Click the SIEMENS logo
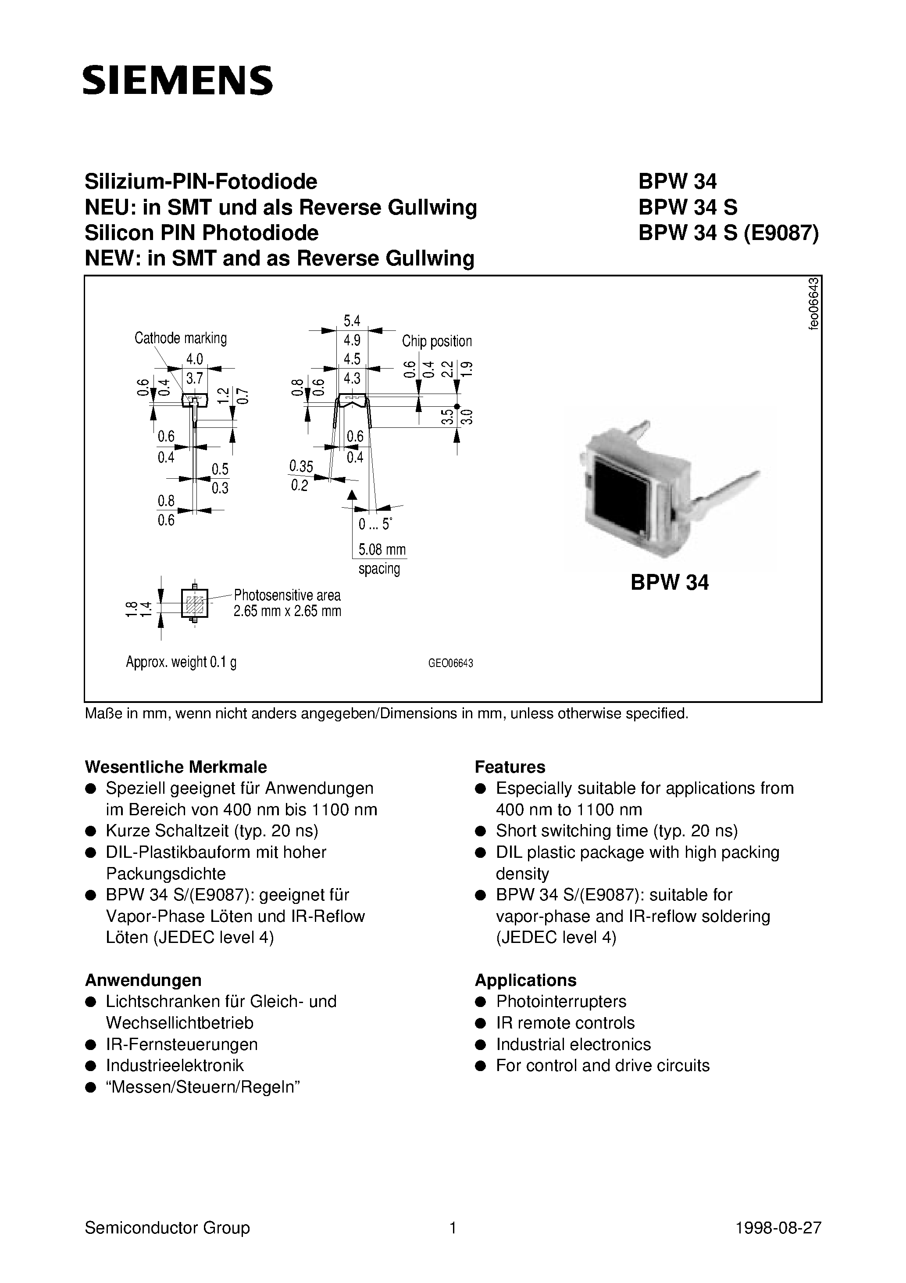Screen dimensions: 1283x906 [178, 80]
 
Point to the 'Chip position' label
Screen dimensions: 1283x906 [437, 341]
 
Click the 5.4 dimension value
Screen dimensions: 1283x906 [352, 321]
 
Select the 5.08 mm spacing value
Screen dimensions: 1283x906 [382, 549]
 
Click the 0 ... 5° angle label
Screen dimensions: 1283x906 [375, 524]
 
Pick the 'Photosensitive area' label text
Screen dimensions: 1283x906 [287, 595]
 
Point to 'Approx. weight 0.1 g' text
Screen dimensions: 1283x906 [181, 662]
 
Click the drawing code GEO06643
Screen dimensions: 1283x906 [450, 663]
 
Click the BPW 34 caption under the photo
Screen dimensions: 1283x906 [669, 582]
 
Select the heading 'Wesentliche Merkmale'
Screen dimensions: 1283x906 [175, 767]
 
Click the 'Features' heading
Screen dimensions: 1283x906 [510, 767]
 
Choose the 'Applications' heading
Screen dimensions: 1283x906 [525, 980]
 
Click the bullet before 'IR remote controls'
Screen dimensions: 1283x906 [479, 1023]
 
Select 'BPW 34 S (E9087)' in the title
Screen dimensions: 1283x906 [728, 233]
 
